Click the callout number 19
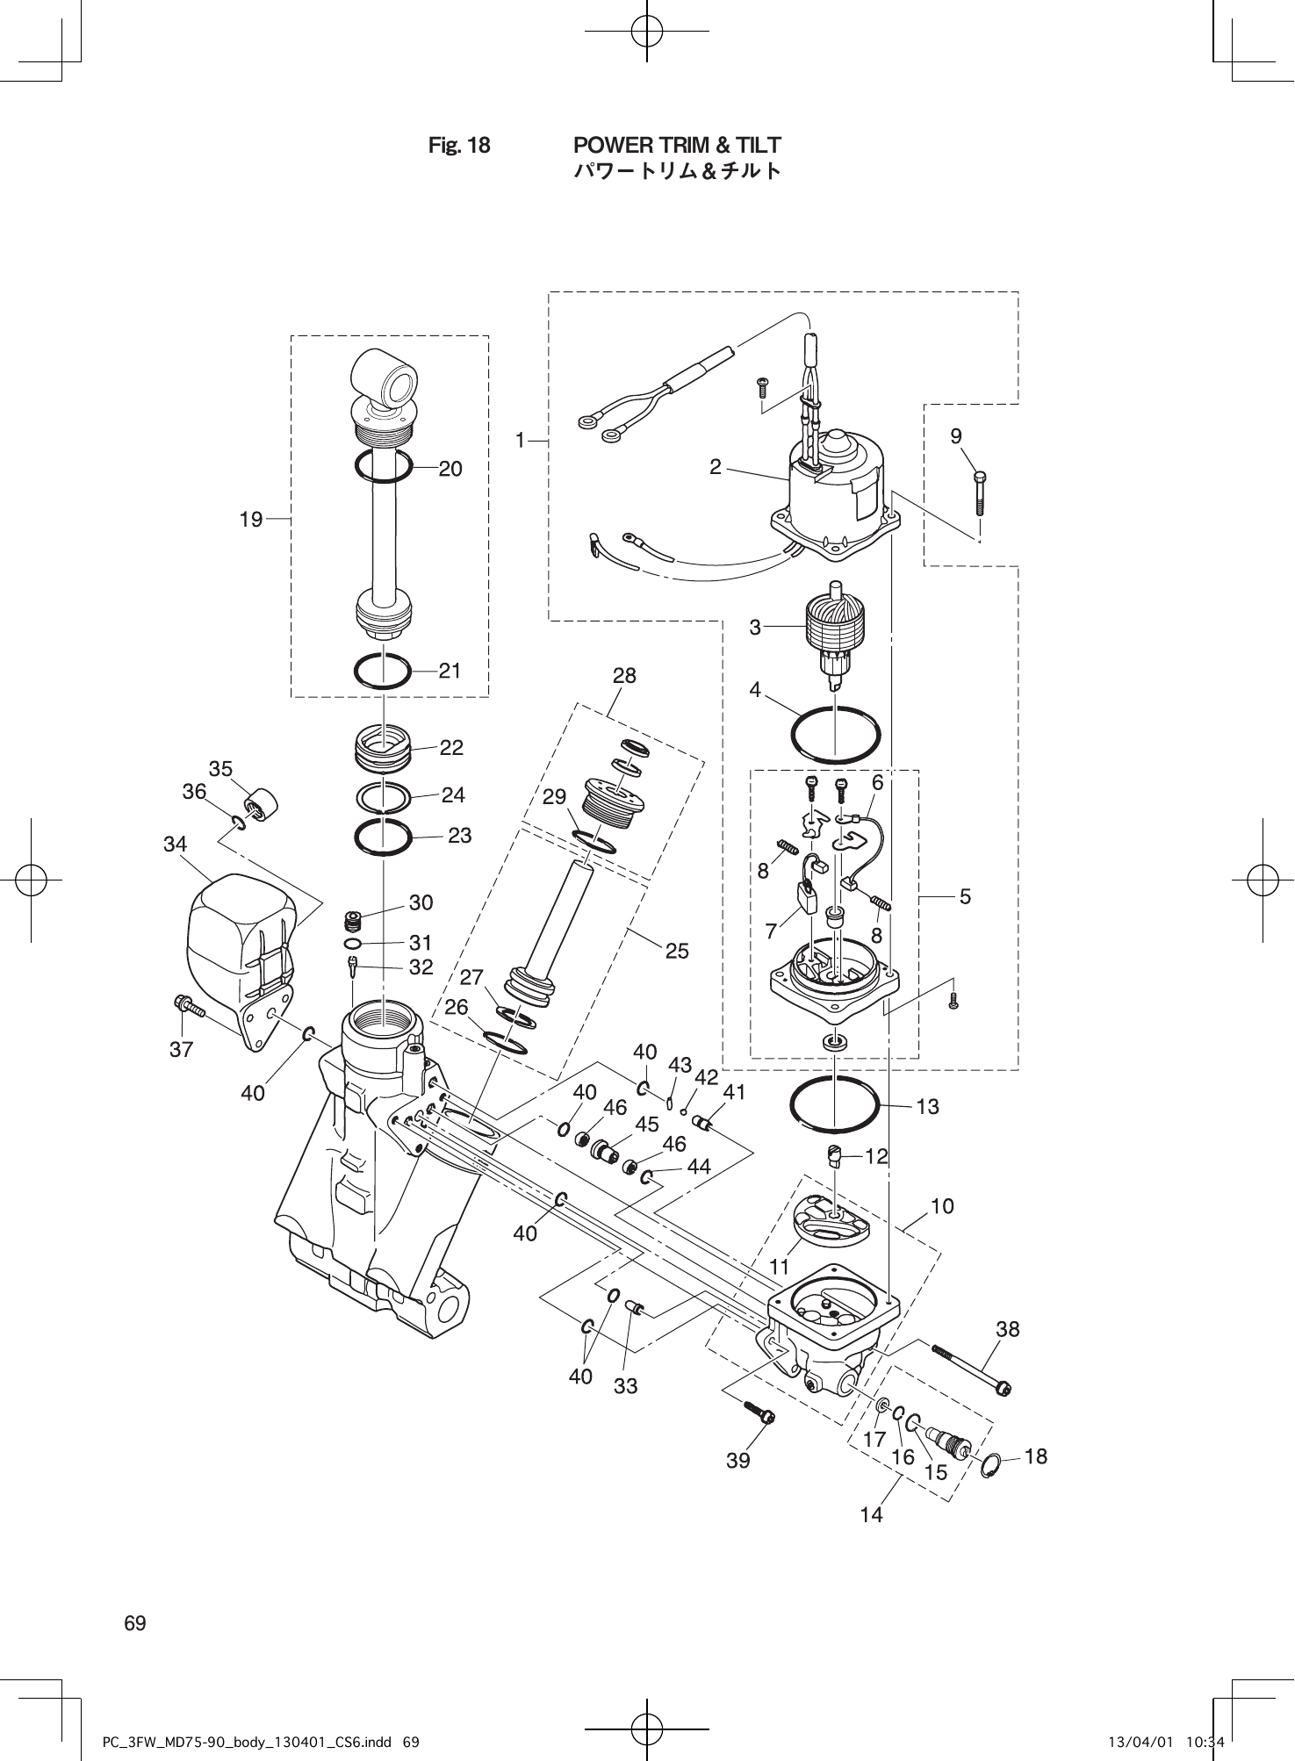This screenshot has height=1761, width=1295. pyautogui.click(x=251, y=520)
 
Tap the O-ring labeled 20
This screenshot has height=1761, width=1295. pyautogui.click(x=384, y=466)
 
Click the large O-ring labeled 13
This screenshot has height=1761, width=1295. pyautogui.click(x=834, y=1105)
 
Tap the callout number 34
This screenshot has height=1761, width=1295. pyautogui.click(x=175, y=845)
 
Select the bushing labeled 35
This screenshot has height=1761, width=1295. pyautogui.click(x=261, y=803)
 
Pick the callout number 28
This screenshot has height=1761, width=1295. pyautogui.click(x=624, y=676)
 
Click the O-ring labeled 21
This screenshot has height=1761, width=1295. pyautogui.click(x=383, y=672)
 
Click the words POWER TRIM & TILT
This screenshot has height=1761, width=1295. pyautogui.click(x=676, y=145)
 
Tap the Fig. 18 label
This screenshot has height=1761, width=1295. pyautogui.click(x=459, y=145)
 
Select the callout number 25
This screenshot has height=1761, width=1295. pyautogui.click(x=677, y=951)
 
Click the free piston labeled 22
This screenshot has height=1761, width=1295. pyautogui.click(x=383, y=746)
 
